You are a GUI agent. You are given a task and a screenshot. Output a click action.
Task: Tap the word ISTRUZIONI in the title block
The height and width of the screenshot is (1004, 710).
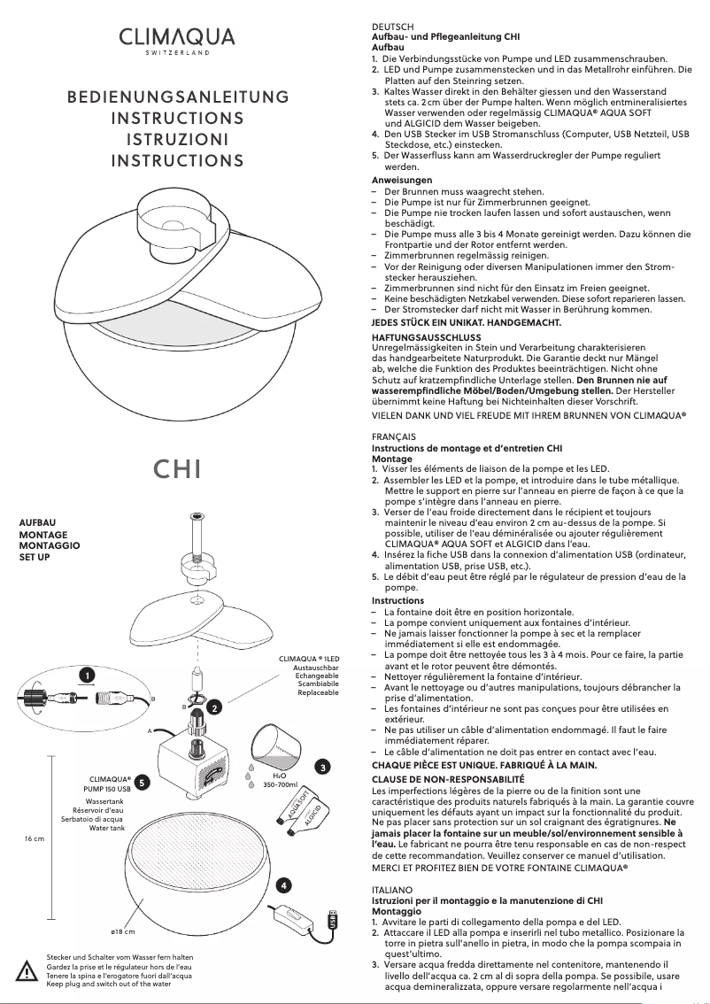(x=178, y=140)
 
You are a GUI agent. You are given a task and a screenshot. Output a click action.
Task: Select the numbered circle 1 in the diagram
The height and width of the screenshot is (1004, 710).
(x=87, y=676)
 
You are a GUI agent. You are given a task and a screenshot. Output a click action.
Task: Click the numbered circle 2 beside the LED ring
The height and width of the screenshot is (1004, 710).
(x=215, y=707)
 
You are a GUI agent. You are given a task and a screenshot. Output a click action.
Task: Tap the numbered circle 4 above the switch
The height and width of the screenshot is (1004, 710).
(x=282, y=885)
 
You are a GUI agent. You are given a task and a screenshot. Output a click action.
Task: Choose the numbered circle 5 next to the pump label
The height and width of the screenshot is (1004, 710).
(x=143, y=782)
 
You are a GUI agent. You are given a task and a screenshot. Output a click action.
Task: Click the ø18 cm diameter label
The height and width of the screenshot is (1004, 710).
(x=121, y=932)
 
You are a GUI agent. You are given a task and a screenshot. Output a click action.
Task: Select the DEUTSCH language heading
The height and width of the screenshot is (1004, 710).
(x=392, y=27)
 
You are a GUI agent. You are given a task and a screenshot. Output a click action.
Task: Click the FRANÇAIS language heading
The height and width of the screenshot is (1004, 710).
(x=394, y=437)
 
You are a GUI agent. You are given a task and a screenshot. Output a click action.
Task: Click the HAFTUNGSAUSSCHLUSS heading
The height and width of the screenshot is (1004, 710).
(x=428, y=337)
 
